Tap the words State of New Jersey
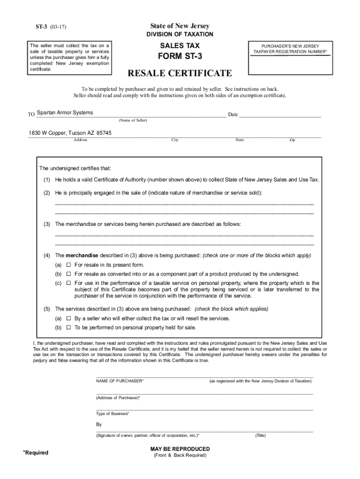click(x=180, y=26)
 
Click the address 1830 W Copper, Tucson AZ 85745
click(x=70, y=133)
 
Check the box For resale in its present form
click(x=68, y=265)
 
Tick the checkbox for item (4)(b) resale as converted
click(x=68, y=274)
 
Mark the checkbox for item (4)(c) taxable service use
click(x=68, y=283)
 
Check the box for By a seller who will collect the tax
click(x=68, y=319)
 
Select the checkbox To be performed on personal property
click(x=68, y=327)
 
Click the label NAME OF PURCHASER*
click(x=120, y=381)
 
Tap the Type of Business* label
click(x=113, y=414)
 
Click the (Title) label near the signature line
click(x=260, y=435)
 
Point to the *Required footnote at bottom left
click(x=36, y=452)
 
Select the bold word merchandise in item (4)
click(x=82, y=255)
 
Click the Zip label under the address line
click(x=292, y=140)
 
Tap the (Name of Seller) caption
click(x=133, y=120)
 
